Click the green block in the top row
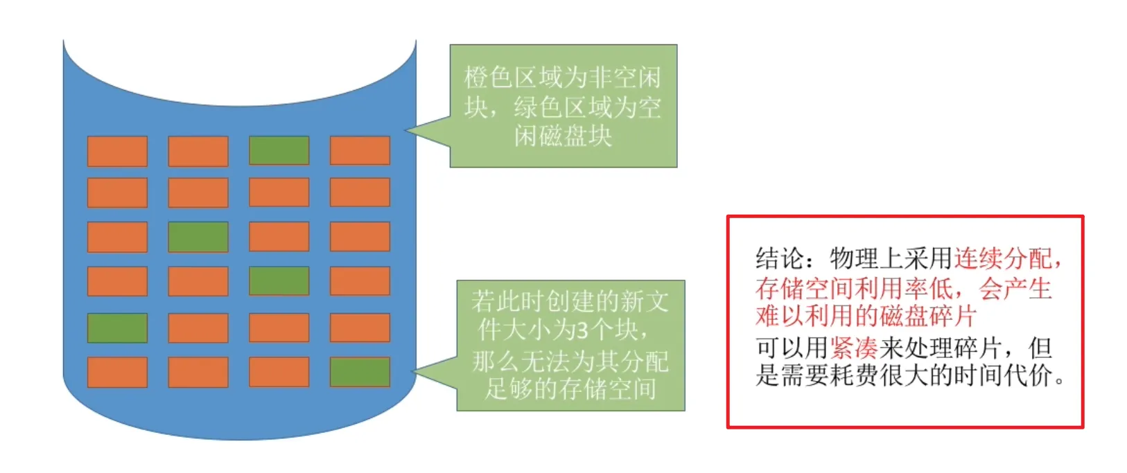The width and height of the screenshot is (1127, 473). click(279, 150)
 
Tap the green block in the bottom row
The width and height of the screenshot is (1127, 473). click(360, 372)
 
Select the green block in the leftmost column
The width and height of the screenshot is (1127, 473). click(117, 328)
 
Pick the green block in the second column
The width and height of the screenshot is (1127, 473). click(198, 237)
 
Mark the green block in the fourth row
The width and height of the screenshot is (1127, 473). click(279, 281)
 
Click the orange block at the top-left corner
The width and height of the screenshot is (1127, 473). click(117, 151)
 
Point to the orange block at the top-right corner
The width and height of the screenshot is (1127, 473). click(360, 150)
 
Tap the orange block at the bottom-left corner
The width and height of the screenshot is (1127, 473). click(117, 372)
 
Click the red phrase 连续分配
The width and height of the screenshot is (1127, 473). click(1003, 259)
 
